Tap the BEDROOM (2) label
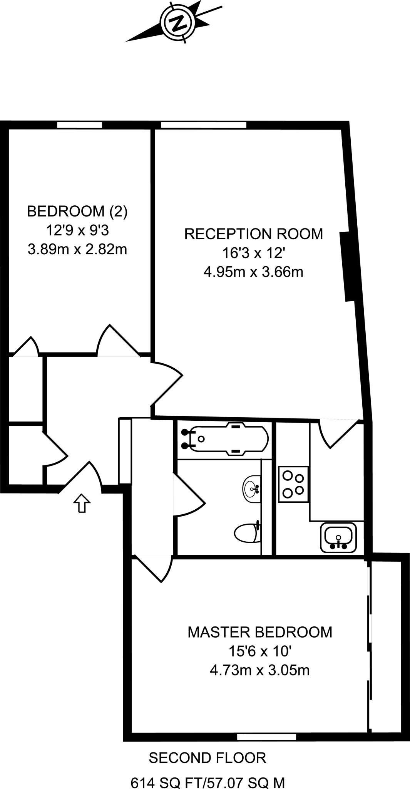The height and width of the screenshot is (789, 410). click(77, 211)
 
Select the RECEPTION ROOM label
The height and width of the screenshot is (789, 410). click(254, 234)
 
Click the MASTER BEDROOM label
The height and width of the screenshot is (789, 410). click(260, 632)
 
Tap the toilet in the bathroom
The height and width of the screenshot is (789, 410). click(247, 533)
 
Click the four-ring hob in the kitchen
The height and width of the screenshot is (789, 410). click(293, 484)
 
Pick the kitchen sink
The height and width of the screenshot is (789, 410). click(338, 536)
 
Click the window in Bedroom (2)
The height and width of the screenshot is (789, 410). click(80, 125)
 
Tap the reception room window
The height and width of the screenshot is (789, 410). click(203, 125)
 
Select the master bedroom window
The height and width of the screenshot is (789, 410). click(266, 737)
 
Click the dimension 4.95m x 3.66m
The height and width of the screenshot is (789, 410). click(253, 272)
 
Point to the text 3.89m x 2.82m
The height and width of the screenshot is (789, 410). click(77, 250)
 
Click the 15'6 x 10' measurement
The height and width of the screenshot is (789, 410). click(260, 651)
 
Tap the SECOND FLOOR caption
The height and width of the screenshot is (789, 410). click(208, 758)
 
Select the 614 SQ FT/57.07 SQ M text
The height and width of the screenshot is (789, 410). click(208, 782)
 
